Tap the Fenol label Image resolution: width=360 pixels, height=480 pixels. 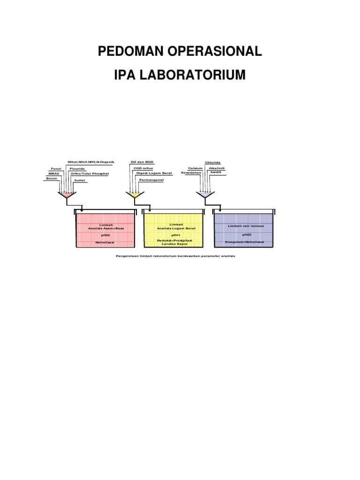coord(56,168)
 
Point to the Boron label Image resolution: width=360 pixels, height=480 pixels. coord(52,179)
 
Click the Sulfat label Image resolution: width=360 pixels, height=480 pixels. coord(79,180)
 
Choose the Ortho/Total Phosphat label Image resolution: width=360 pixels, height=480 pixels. coord(89,173)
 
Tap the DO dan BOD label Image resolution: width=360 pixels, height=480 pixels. coord(142,162)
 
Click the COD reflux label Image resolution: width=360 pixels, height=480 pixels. coord(143,168)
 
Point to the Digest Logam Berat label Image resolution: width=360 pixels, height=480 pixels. coord(154,173)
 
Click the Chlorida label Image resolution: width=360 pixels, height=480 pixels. coord(212,163)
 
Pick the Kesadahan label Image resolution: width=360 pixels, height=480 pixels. coord(191,172)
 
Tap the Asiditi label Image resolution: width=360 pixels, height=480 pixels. coord(216,172)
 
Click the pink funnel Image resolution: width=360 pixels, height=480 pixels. coord(66,195)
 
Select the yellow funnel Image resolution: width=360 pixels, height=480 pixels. coord(135,195)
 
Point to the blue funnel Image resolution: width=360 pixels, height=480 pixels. coord(204,195)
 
